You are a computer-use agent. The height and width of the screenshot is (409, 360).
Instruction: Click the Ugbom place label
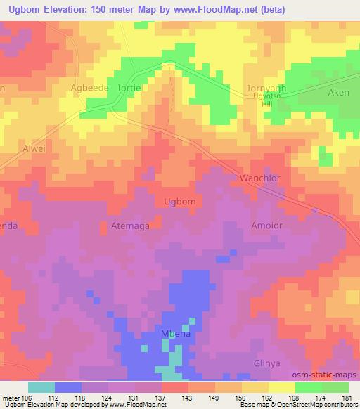tap(179, 201)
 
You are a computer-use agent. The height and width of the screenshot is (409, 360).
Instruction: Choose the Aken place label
tap(339, 92)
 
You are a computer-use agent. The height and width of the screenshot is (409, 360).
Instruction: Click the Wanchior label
tap(260, 178)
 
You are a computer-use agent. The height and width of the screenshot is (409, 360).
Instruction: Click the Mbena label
tap(174, 335)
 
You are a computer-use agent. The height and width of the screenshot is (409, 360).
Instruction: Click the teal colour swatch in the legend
tap(41, 387)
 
